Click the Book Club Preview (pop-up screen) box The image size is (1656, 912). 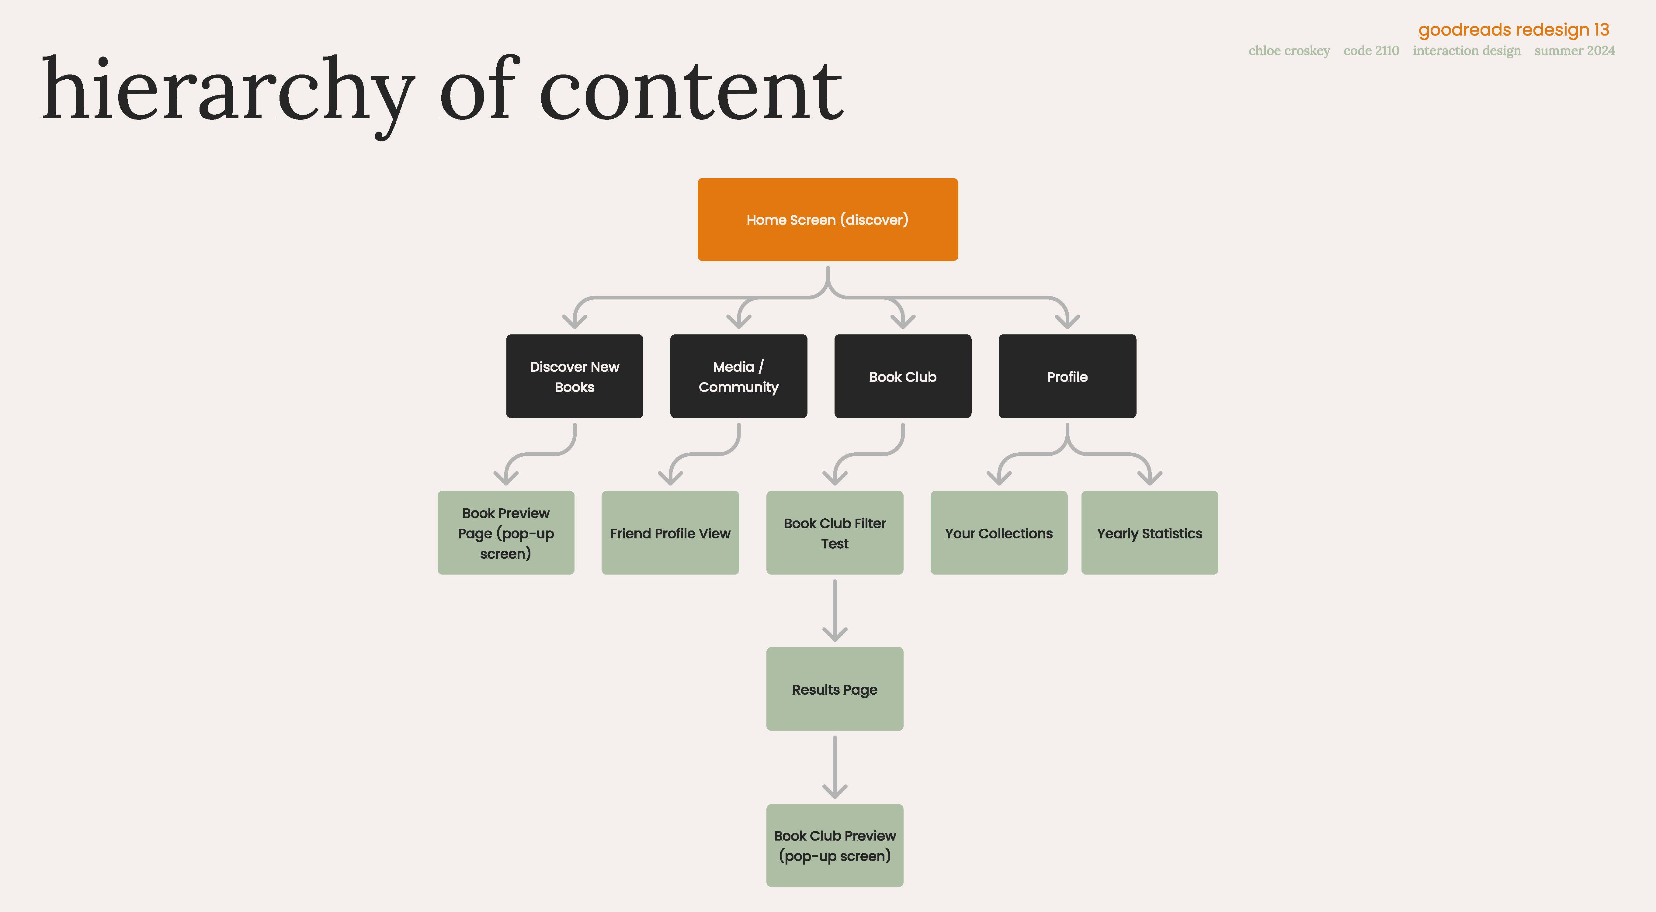835,845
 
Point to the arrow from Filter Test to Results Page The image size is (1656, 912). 835,610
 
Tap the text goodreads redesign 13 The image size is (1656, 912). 1513,30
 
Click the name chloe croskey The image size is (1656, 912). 1289,51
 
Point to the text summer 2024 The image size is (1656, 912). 1574,51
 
